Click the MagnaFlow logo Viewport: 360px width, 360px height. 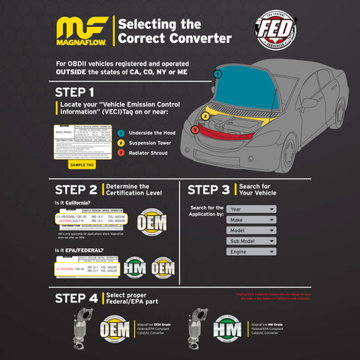tap(82, 35)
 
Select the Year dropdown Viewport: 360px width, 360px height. tap(250, 209)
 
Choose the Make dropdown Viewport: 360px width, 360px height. tap(250, 220)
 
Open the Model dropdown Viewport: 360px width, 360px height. tap(250, 231)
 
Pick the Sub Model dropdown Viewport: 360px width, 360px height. tap(250, 241)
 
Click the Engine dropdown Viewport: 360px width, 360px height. tap(250, 253)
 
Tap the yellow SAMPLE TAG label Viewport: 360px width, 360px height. tap(82, 164)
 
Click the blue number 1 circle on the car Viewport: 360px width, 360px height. tap(217, 74)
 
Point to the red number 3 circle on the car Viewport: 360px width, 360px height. tap(193, 129)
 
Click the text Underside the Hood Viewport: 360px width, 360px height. tap(154, 132)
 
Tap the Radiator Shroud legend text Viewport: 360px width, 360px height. tap(152, 152)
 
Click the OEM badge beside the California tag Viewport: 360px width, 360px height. tap(151, 223)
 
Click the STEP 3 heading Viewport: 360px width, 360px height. tap(209, 190)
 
